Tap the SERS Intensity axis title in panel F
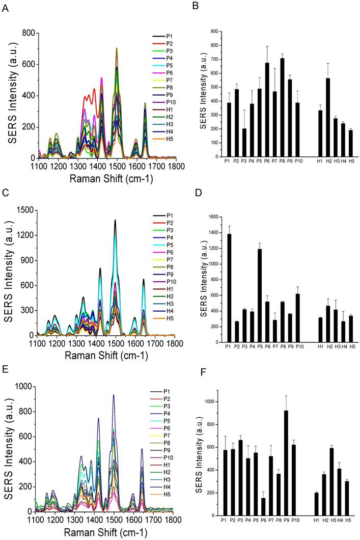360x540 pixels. tap(200, 453)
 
